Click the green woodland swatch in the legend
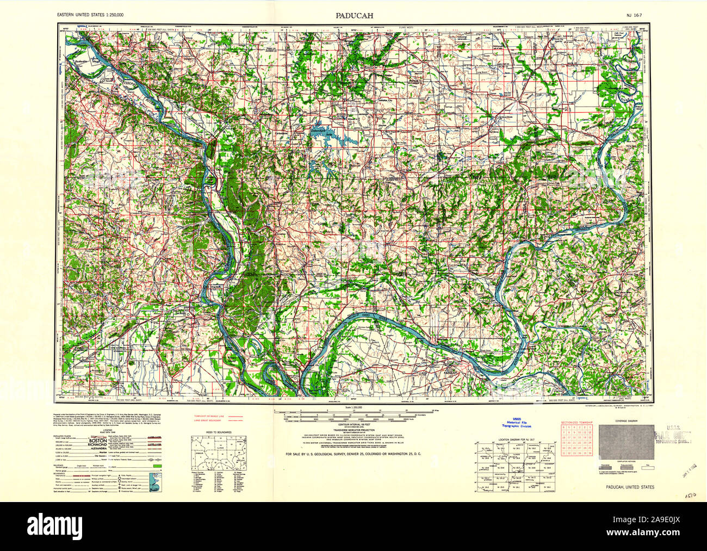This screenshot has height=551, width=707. click(159, 466)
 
